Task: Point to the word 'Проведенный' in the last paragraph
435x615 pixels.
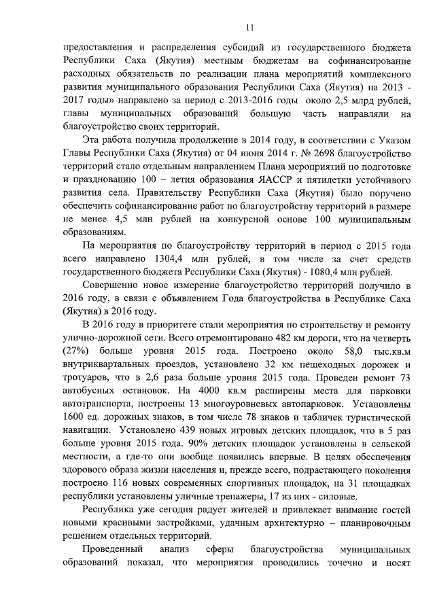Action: point(112,548)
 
